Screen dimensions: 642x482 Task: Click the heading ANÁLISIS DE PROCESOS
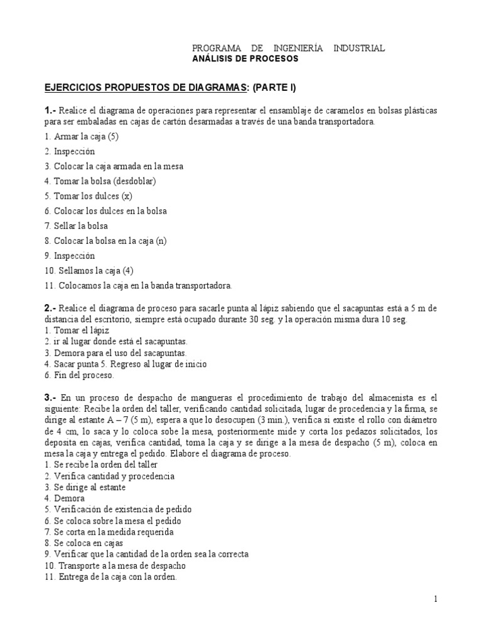(x=245, y=59)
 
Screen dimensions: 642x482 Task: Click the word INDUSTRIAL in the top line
(x=360, y=48)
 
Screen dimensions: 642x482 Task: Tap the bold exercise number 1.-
(x=51, y=110)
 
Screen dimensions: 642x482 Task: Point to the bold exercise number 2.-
(x=51, y=308)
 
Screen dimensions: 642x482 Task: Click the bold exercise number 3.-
(x=51, y=397)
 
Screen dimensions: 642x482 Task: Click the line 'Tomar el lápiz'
(x=73, y=330)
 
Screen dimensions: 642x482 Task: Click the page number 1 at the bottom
(x=435, y=599)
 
